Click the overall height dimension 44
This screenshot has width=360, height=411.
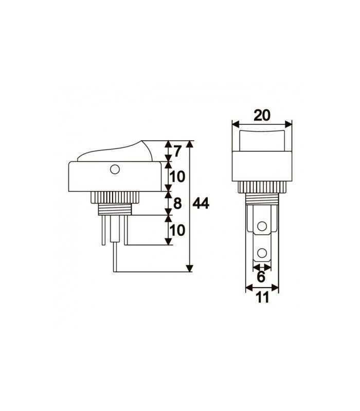[201, 204]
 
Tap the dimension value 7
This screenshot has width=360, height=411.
[177, 152]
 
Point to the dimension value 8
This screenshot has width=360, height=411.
[177, 203]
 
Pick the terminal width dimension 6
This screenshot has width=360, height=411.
[261, 277]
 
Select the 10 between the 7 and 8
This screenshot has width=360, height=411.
[177, 177]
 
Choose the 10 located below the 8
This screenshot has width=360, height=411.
[177, 230]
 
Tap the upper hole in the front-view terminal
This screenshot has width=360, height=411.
[262, 226]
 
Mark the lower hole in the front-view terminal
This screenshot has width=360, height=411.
[262, 252]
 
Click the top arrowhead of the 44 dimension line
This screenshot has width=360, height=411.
[190, 143]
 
